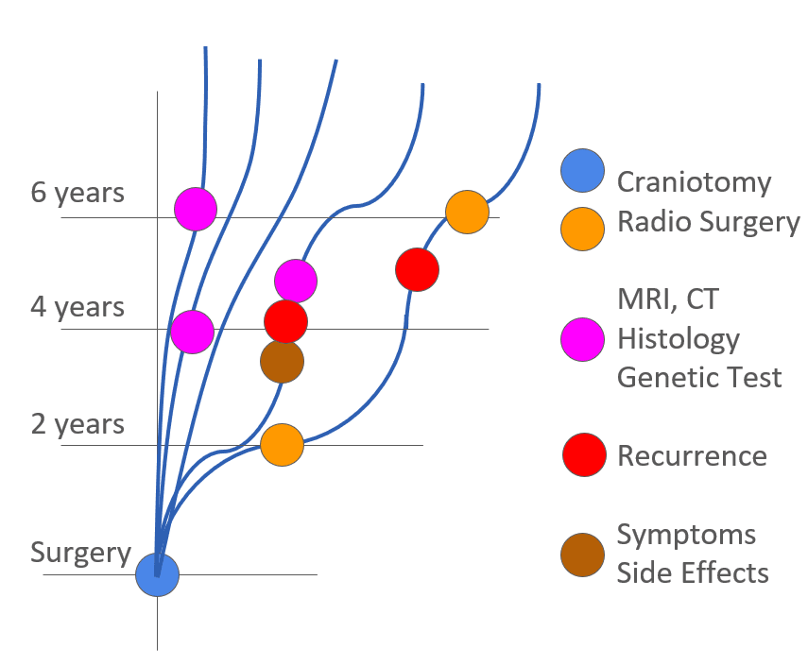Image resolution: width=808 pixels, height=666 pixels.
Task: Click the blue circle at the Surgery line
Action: [x=157, y=574]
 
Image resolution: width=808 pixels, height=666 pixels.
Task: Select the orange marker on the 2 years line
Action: [x=282, y=444]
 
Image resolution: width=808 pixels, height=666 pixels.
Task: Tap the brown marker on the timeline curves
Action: [x=282, y=362]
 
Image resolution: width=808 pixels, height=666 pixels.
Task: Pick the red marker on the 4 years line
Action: [x=285, y=322]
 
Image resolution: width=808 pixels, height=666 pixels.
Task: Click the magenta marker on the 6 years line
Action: [x=196, y=208]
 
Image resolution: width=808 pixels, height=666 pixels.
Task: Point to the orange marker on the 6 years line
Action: [x=467, y=212]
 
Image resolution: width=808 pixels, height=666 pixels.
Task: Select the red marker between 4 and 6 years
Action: [x=417, y=270]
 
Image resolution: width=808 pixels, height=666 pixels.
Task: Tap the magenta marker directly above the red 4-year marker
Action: [x=296, y=280]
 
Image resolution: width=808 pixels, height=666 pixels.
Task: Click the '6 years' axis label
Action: [x=77, y=193]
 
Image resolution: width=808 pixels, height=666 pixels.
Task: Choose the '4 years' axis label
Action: [x=77, y=308]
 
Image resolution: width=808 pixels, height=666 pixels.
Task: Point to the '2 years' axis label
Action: [x=77, y=424]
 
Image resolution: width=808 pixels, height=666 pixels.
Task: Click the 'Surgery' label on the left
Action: [x=80, y=553]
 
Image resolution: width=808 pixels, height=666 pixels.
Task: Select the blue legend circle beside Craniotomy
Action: [x=582, y=172]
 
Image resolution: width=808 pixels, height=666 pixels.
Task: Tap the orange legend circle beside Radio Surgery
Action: [x=582, y=229]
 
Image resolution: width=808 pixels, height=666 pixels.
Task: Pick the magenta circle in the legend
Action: [x=582, y=339]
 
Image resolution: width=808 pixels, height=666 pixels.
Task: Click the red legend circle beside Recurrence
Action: [x=583, y=455]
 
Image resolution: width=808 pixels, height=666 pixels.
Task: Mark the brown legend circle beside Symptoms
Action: [x=582, y=555]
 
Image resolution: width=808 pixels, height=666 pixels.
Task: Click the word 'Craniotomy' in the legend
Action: [x=694, y=181]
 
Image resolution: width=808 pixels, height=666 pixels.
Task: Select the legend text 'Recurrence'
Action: [x=692, y=455]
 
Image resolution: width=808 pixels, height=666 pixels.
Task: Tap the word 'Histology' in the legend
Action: [x=678, y=338]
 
